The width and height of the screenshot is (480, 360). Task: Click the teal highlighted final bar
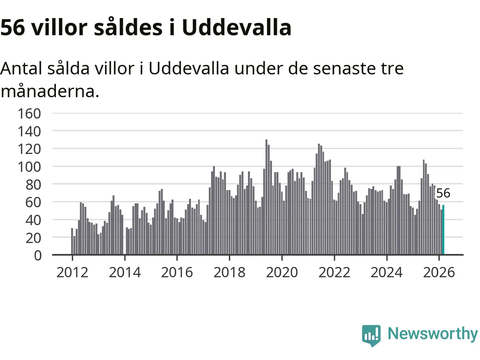[443, 230]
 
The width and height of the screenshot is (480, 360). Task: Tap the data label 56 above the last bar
[443, 193]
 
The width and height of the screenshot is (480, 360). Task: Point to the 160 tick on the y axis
[29, 113]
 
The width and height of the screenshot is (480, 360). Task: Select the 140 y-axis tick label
[29, 131]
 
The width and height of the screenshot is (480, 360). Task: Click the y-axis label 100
[29, 166]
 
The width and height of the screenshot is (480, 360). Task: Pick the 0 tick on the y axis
[37, 255]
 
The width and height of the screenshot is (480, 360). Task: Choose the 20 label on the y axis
[33, 237]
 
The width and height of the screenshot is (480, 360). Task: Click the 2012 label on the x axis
[72, 272]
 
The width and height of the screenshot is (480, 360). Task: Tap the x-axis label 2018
[229, 272]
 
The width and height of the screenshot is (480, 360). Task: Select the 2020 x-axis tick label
[282, 272]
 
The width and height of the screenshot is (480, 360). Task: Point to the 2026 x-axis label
[439, 272]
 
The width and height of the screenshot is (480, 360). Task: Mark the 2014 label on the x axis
[125, 272]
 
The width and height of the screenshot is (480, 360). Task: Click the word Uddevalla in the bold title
[237, 27]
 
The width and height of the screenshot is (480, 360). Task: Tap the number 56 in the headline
[12, 27]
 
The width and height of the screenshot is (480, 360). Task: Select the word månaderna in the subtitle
[49, 91]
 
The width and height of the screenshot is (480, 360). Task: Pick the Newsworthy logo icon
[371, 335]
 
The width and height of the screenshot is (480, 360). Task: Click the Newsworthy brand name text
[432, 333]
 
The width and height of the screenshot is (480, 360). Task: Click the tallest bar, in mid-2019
[266, 197]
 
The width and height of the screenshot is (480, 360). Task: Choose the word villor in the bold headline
[59, 27]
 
